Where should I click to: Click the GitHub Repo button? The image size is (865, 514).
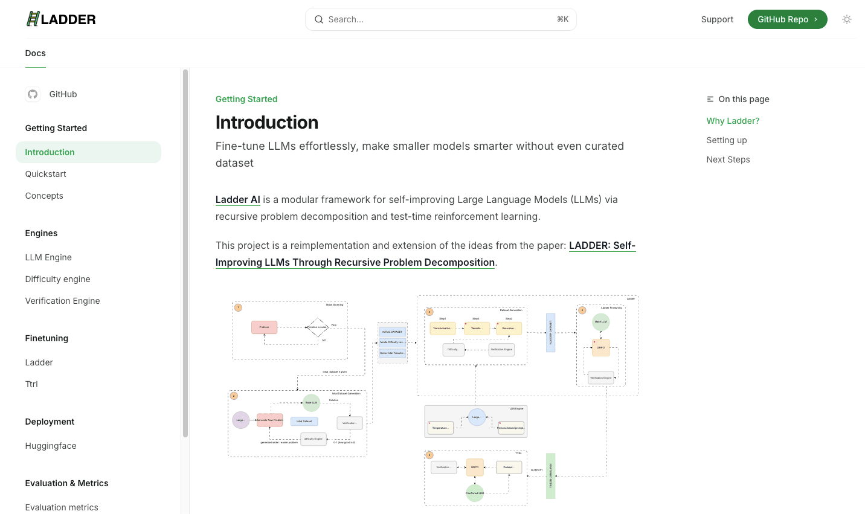click(x=787, y=19)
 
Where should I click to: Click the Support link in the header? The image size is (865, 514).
click(x=717, y=19)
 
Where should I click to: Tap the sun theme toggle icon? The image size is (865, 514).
click(x=847, y=19)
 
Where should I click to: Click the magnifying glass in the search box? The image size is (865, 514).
click(x=319, y=19)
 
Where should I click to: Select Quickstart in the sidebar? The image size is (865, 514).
click(x=46, y=174)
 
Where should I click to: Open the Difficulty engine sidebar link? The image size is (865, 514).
click(x=58, y=279)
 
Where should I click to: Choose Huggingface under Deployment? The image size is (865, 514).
click(x=51, y=446)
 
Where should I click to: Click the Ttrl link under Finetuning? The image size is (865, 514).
click(x=31, y=384)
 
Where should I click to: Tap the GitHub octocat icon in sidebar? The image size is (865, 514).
click(x=33, y=94)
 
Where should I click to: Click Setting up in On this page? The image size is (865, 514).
click(x=727, y=140)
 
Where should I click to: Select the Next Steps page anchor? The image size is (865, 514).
click(x=728, y=159)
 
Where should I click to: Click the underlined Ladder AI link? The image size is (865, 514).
click(x=238, y=199)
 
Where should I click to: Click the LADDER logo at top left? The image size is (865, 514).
click(x=61, y=19)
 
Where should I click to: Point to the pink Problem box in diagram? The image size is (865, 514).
click(x=264, y=327)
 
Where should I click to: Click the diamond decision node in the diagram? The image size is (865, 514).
click(x=317, y=327)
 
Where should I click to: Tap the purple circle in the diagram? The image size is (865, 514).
click(x=241, y=420)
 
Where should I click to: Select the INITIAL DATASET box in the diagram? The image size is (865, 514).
click(x=392, y=332)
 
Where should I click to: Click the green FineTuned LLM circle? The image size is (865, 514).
click(x=475, y=493)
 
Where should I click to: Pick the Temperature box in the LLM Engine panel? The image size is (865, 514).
click(x=440, y=428)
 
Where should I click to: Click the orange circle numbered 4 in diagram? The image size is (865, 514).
click(x=582, y=310)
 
